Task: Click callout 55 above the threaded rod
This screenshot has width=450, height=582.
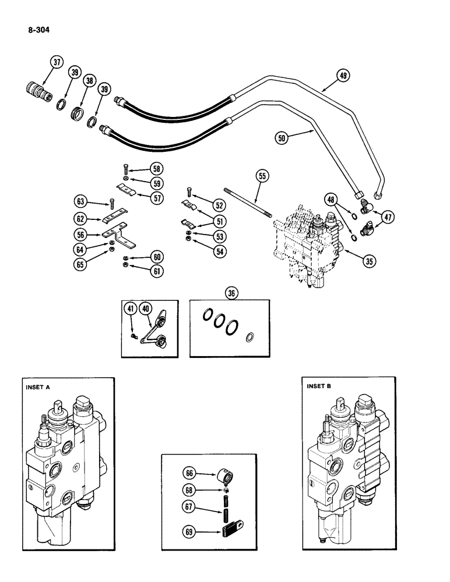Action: click(262, 175)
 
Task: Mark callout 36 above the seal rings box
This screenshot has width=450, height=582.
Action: click(231, 294)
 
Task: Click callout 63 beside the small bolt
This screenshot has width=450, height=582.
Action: click(81, 202)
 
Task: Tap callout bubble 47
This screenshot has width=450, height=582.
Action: click(387, 218)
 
